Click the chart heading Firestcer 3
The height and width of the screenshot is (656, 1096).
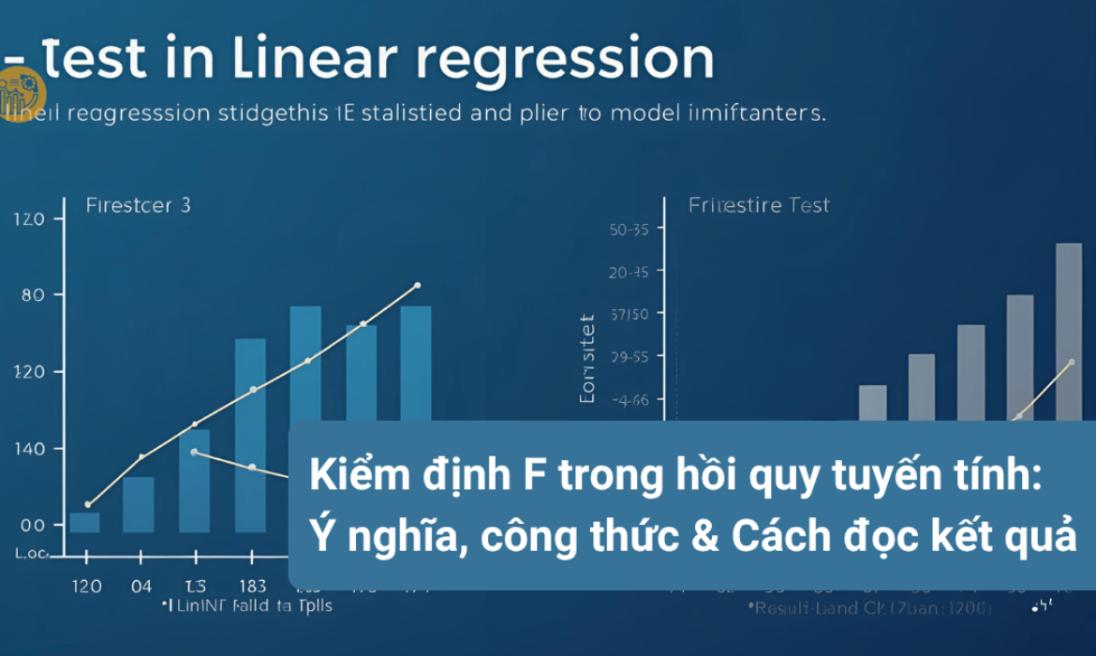click(x=138, y=204)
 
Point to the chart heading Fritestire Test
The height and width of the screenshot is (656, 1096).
click(x=759, y=204)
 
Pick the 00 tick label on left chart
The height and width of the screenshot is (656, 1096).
click(x=31, y=525)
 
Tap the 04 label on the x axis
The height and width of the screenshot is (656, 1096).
click(x=141, y=586)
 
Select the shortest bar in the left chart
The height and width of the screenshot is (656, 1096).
click(x=84, y=522)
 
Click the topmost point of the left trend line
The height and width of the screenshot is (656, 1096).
click(x=417, y=285)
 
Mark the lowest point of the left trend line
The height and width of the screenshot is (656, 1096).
click(x=88, y=504)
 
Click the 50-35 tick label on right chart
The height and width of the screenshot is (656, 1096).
click(x=629, y=229)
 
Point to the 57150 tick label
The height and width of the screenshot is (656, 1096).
click(x=629, y=313)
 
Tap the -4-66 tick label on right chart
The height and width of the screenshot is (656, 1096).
click(x=629, y=399)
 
